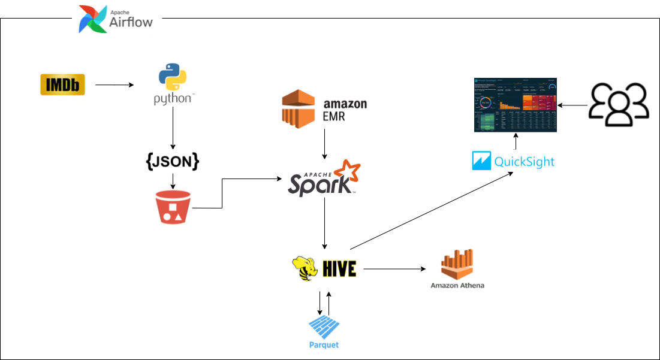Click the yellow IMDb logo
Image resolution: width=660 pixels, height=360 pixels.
[x=62, y=84]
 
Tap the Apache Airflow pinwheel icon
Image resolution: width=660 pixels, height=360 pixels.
[x=94, y=19]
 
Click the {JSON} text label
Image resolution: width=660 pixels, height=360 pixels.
[x=173, y=161]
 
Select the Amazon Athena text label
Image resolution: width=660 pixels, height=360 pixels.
[x=457, y=286]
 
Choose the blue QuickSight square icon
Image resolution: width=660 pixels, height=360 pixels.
[x=482, y=161]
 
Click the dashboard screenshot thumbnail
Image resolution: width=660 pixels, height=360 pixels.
[x=515, y=105]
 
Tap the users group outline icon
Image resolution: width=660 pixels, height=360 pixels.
[x=619, y=105]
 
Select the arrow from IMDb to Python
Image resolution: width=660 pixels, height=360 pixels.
[x=114, y=85]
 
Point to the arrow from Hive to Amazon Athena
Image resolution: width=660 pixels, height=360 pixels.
[x=393, y=269]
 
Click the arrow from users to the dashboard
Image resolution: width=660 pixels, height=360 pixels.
[x=572, y=105]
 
